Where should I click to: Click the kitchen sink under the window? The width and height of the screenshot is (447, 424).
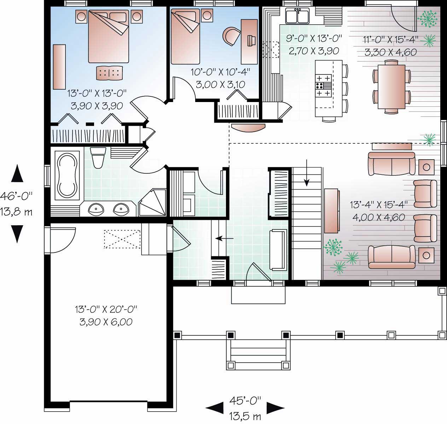(x=298, y=16)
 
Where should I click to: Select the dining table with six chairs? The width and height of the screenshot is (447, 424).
(x=391, y=86)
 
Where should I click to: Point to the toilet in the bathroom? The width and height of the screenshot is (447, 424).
(x=98, y=158)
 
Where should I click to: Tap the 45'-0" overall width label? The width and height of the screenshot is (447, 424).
(x=245, y=400)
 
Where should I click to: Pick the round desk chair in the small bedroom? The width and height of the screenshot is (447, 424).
(x=231, y=36)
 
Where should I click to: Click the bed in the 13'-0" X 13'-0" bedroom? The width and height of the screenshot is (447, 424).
(x=108, y=36)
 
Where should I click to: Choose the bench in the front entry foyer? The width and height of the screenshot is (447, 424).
(x=278, y=249)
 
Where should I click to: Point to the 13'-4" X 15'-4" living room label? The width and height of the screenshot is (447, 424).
(x=379, y=204)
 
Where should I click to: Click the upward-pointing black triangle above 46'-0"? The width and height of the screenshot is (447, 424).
(x=17, y=174)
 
